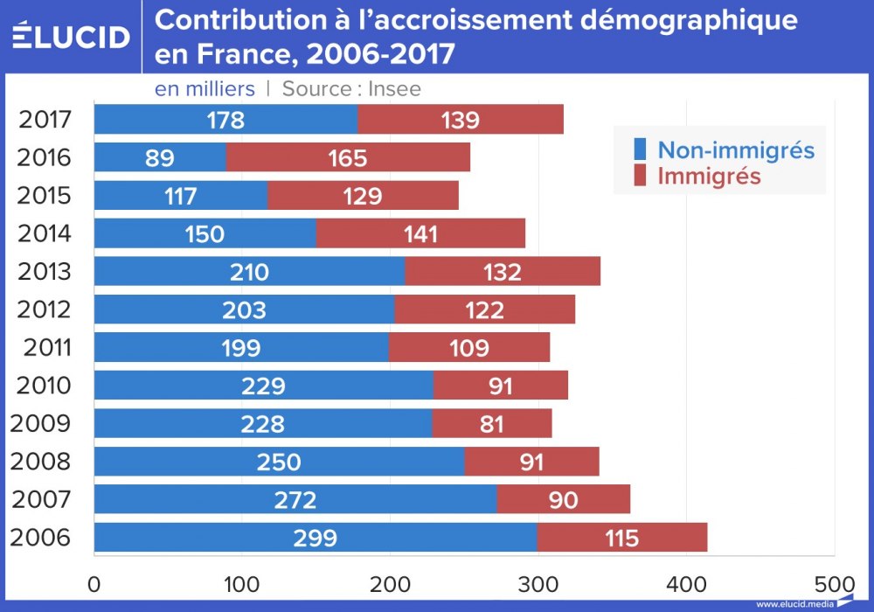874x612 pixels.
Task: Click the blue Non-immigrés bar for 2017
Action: click(225, 119)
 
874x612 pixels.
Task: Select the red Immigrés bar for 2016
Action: click(348, 157)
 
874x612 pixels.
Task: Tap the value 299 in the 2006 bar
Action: click(315, 539)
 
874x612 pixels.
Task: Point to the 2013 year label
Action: click(44, 272)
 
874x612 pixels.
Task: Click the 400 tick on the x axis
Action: click(686, 583)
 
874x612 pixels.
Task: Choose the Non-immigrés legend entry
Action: click(736, 150)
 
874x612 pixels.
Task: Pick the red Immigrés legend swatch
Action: click(640, 176)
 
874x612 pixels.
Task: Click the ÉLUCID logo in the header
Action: click(72, 36)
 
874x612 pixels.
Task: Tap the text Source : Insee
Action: click(351, 88)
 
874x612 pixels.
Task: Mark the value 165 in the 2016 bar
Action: click(348, 158)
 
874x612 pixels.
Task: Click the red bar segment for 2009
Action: click(492, 424)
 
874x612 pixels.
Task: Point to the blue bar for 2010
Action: click(264, 386)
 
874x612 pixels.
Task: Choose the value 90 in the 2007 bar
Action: click(564, 500)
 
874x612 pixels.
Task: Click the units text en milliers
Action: click(205, 88)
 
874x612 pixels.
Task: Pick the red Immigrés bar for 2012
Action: click(484, 309)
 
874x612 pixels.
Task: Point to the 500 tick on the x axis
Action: click(835, 583)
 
